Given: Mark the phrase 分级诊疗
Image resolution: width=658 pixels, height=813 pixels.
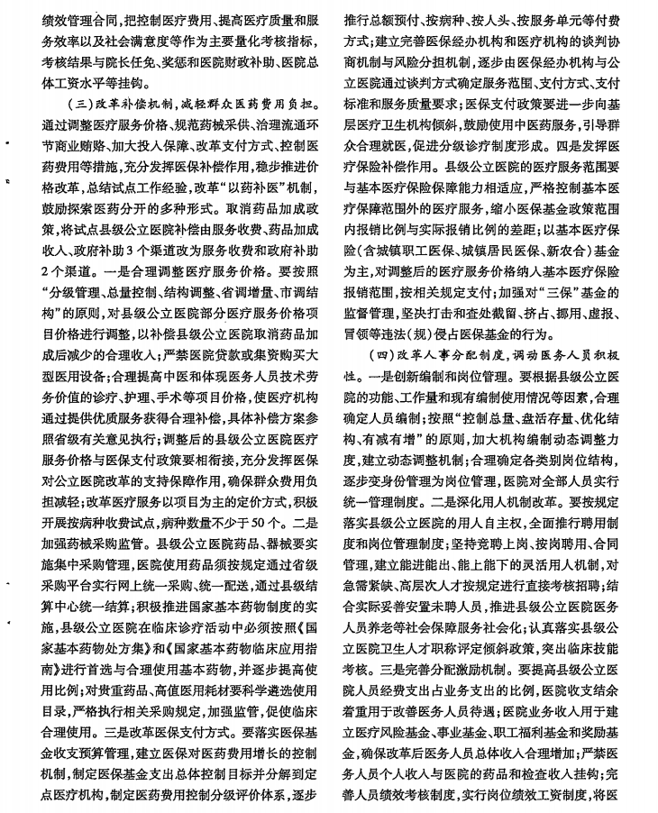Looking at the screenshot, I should pyautogui.click(x=471, y=144).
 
